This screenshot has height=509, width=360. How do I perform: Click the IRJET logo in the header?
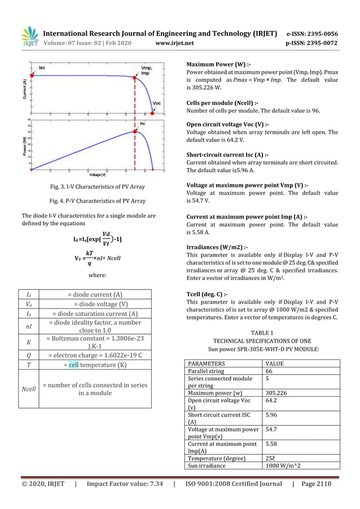click(29, 36)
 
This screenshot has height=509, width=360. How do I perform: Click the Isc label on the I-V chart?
click(42, 68)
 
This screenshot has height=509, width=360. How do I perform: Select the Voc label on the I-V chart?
click(157, 104)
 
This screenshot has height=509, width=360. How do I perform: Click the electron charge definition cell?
click(95, 355)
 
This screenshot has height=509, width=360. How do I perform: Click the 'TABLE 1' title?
click(263, 334)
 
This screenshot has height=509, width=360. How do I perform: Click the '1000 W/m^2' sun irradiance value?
click(283, 466)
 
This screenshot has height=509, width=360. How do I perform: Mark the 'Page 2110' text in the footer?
click(317, 484)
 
